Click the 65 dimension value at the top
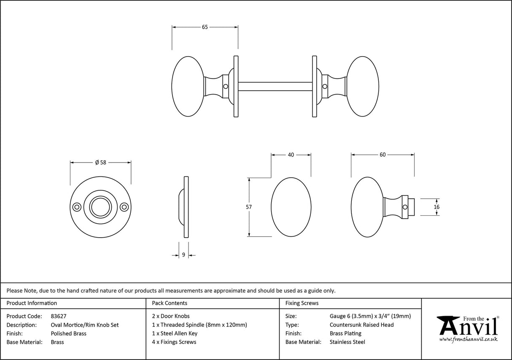205,27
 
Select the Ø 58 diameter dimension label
100,162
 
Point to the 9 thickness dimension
183,255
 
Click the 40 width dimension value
291,155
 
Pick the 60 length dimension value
383,155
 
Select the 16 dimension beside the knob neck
436,207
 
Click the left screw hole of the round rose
77,207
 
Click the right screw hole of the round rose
124,207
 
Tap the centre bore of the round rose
100,207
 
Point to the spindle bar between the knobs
275,86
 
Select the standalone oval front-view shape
291,207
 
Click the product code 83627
58,316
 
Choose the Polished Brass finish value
68,333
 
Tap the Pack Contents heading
170,303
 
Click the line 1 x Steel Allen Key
175,333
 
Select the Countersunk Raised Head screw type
361,325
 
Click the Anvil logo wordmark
468,328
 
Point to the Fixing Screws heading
302,303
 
